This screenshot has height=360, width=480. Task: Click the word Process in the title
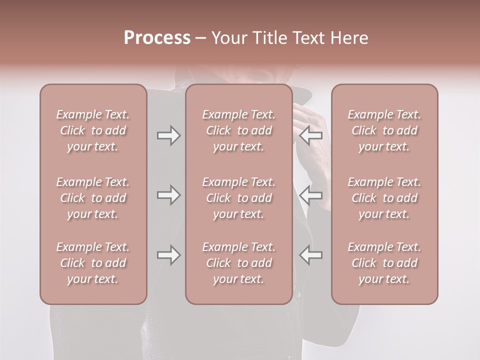pos(157,38)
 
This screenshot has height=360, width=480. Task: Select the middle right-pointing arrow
pos(168,195)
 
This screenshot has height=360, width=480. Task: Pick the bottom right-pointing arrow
pos(168,255)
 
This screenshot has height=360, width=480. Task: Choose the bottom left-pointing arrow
pos(311,255)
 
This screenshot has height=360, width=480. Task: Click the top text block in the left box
pos(93,130)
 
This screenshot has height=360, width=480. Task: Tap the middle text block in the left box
pos(93,198)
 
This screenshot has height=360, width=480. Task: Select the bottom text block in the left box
pos(93,263)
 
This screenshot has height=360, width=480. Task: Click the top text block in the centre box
pos(239,130)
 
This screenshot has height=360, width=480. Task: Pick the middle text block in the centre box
pos(239,198)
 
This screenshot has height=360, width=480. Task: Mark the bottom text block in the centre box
pos(239,263)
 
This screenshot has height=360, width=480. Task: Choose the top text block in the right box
pos(384,130)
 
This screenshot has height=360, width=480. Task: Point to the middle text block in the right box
pos(384,198)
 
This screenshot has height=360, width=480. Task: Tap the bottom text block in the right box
pos(384,263)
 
